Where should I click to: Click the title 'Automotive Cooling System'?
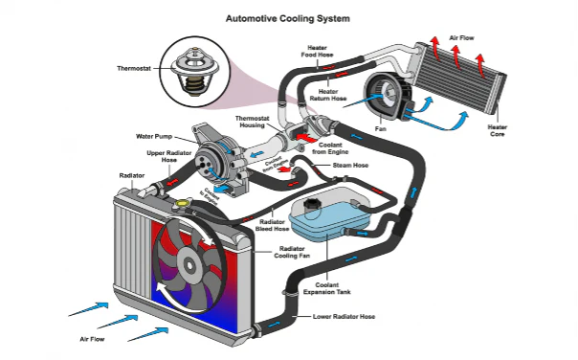[x=287, y=17]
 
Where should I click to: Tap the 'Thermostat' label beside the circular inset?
[x=133, y=69]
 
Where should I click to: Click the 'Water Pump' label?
[x=152, y=136]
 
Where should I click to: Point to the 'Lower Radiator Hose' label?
[x=342, y=316]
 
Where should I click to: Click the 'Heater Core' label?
[x=497, y=131]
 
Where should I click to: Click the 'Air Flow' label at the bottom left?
[x=91, y=339]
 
